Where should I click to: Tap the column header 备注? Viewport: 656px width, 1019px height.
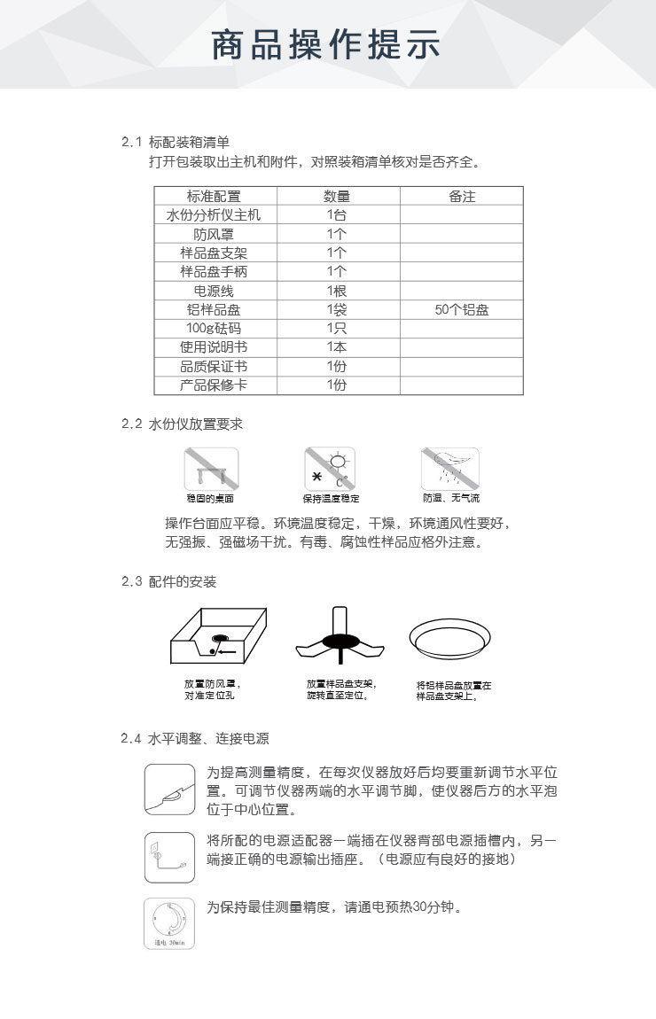click(x=462, y=197)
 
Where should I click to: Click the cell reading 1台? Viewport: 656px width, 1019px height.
click(x=337, y=215)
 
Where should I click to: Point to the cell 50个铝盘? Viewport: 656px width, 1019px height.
click(x=462, y=310)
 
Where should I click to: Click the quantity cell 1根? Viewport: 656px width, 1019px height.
click(x=337, y=291)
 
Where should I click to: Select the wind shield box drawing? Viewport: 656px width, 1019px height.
click(x=218, y=635)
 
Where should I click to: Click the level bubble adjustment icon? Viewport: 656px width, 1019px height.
click(x=169, y=789)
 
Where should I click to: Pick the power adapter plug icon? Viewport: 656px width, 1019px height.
click(x=169, y=857)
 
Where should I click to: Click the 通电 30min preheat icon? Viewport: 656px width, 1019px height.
click(x=169, y=923)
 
